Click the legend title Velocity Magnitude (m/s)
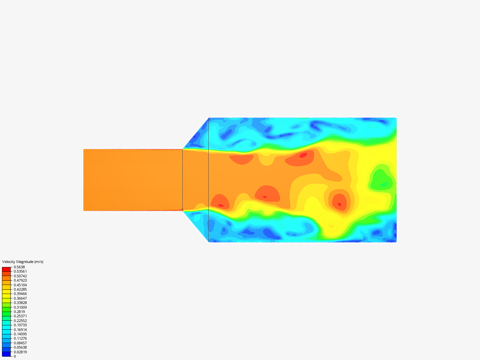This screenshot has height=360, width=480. tap(23, 262)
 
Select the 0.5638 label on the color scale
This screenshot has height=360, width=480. tap(19, 267)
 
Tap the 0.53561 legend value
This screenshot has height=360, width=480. tap(20, 271)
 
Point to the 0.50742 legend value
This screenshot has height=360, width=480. tap(20, 276)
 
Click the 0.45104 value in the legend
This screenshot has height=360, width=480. tap(20, 285)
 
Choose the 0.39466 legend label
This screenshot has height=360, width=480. tap(20, 294)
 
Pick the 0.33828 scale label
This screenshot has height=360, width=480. tap(20, 303)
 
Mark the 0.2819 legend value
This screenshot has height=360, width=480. tap(19, 312)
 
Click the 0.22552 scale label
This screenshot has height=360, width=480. tap(20, 321)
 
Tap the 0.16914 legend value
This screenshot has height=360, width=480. tap(20, 330)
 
